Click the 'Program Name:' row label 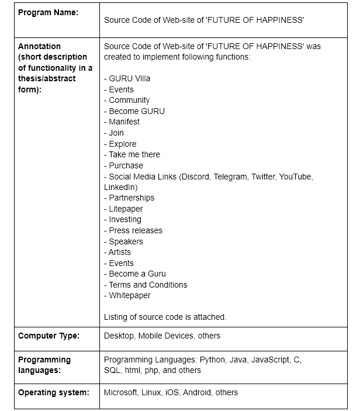coord(48,12)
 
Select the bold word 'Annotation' coord(39,46)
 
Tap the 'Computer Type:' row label coord(49,336)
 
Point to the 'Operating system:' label coord(54,392)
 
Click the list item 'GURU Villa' coord(129,78)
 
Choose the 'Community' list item coord(129,100)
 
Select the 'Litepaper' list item coord(126,209)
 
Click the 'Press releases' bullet coord(136,230)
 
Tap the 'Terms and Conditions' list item coord(148,285)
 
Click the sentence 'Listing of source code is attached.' coord(165,317)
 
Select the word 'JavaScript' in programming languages coord(269,360)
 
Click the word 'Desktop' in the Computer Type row coord(119,336)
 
